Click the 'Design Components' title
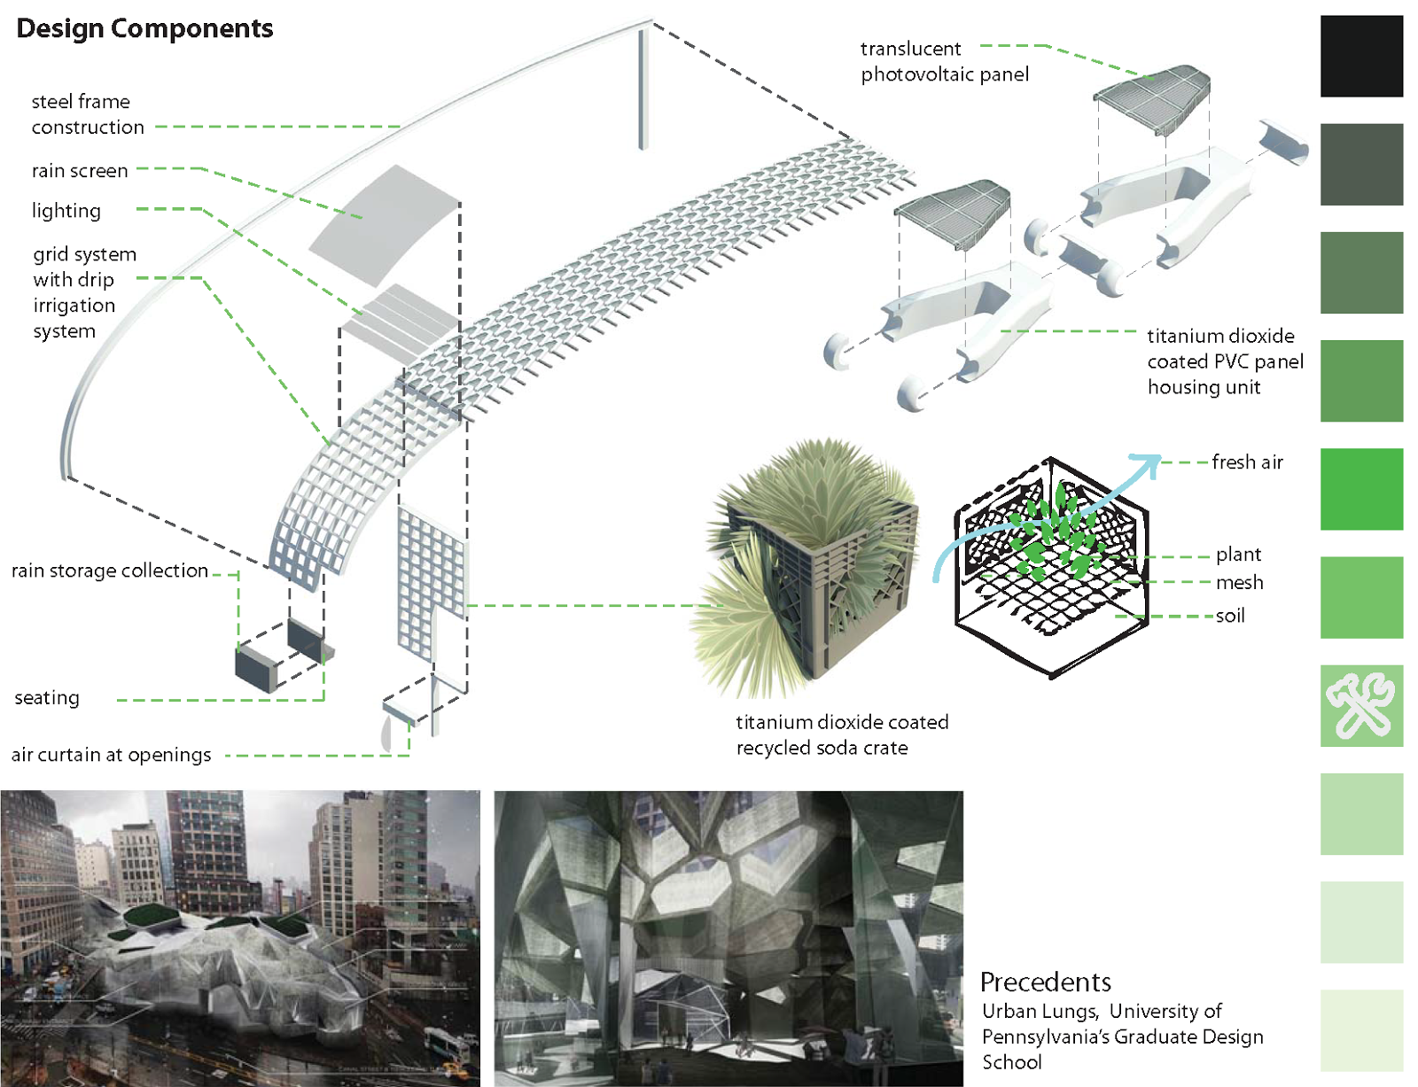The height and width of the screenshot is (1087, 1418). [x=144, y=28]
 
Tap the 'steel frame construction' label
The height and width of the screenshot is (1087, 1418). [x=87, y=114]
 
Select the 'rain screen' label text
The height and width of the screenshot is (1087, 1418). [x=80, y=170]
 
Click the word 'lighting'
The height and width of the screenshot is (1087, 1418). [x=66, y=211]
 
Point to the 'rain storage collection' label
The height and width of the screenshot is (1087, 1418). [x=110, y=571]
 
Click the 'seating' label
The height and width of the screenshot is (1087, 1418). [x=47, y=698]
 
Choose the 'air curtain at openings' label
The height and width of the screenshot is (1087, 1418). [x=111, y=755]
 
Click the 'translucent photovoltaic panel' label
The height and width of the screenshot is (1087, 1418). [x=944, y=61]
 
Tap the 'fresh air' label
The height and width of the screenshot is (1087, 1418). [x=1247, y=462]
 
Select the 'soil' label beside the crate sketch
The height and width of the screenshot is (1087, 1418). [x=1230, y=616]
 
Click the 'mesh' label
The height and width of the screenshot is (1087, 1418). [x=1239, y=582]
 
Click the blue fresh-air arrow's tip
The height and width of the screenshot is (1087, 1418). [x=1156, y=459]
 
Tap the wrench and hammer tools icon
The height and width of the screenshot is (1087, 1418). [x=1360, y=705]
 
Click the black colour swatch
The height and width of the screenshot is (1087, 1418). [x=1360, y=56]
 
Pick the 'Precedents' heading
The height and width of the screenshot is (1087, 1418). [x=1045, y=982]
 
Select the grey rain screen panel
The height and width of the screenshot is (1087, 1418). [x=383, y=221]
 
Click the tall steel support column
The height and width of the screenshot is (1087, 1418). [x=643, y=89]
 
